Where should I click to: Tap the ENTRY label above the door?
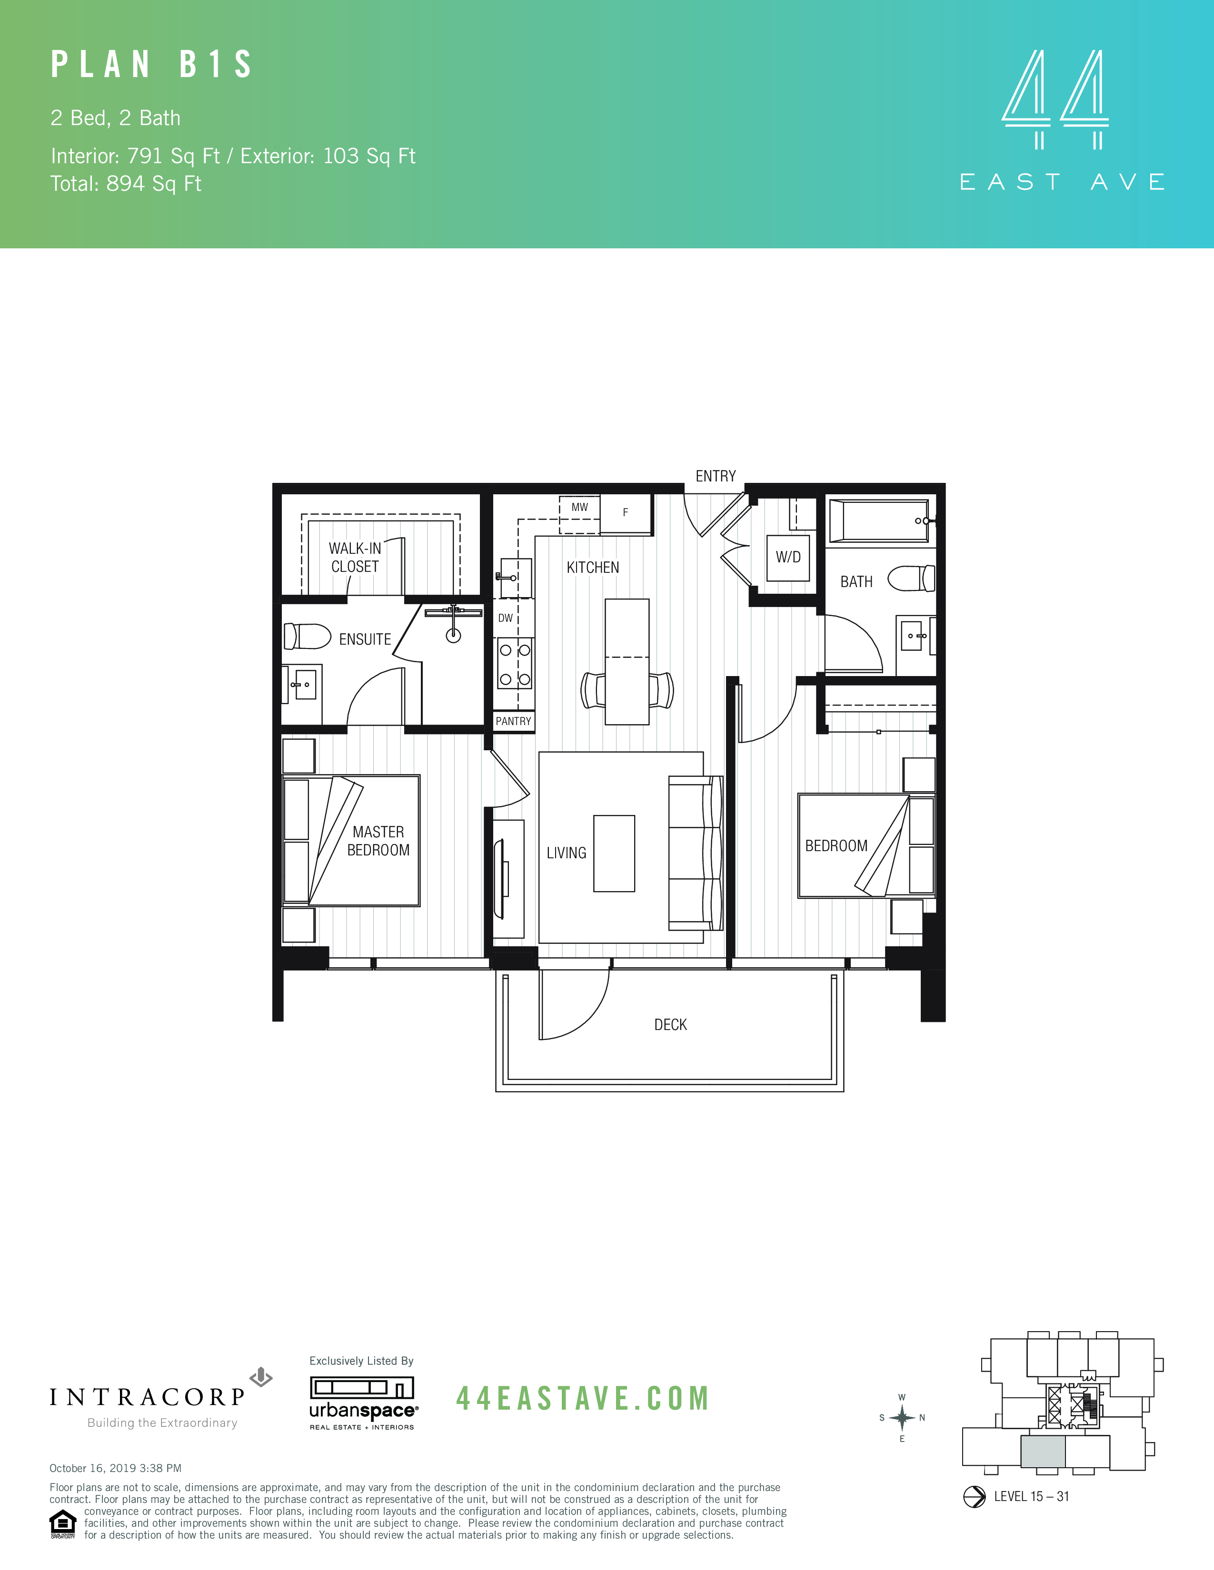pos(715,476)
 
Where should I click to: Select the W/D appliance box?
pos(788,557)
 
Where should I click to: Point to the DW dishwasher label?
pos(506,618)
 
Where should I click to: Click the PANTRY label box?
pos(514,721)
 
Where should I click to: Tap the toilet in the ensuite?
pos(307,636)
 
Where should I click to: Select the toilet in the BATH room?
pos(911,578)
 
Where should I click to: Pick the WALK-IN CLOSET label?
pos(355,557)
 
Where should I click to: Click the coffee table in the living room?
pos(614,854)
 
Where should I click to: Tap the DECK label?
pos(670,1024)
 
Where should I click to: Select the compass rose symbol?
pos(901,1418)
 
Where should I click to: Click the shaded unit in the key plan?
pos(1042,1452)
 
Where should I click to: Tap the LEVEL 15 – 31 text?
pos(1031,1496)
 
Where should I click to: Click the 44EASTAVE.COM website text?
pos(583,1399)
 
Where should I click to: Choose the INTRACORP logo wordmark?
pos(148,1397)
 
